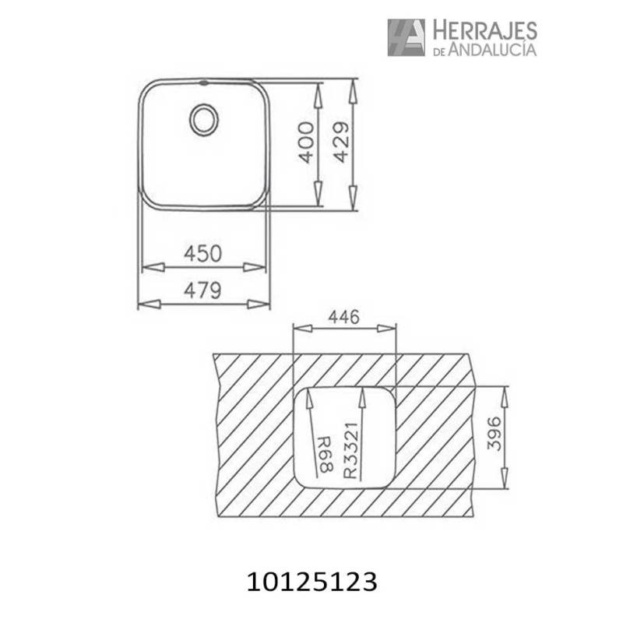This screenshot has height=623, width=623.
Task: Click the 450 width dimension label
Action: tap(202, 253)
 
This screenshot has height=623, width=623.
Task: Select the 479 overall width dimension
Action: tap(202, 290)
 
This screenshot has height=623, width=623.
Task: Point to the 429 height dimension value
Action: tap(340, 142)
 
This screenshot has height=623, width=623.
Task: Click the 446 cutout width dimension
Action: tap(343, 317)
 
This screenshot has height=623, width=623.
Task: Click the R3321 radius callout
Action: tap(351, 449)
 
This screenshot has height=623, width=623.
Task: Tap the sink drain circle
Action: tap(205, 120)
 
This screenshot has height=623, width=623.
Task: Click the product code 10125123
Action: tap(311, 580)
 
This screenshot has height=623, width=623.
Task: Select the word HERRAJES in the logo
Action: tap(484, 30)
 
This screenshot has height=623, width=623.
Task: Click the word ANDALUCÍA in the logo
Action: tap(494, 50)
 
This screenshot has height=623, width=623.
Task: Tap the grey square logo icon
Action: tap(406, 37)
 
